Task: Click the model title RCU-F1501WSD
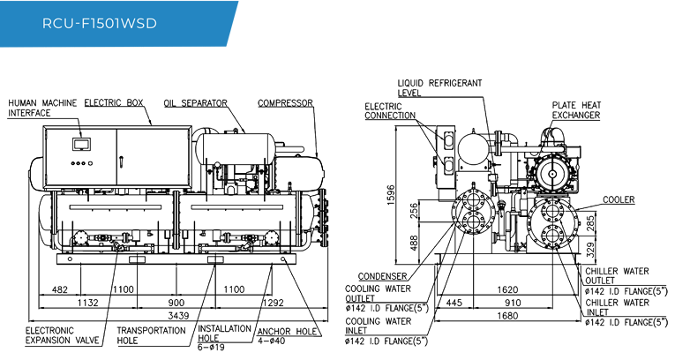tap(100, 23)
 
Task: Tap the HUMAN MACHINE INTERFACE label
tap(42, 108)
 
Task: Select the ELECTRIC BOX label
tap(114, 103)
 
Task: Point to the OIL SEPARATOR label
tap(195, 103)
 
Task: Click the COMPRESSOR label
tap(285, 103)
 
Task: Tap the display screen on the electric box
tap(80, 144)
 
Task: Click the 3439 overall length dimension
tap(178, 316)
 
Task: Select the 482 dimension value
tap(59, 289)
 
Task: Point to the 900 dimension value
tap(176, 303)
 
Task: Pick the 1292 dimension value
tap(273, 303)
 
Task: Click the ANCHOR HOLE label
tap(287, 332)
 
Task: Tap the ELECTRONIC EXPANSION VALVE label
tap(62, 335)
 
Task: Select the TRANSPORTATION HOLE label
tap(151, 335)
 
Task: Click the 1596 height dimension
tap(391, 195)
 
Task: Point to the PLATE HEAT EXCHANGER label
tap(576, 110)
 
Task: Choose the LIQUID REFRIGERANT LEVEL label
tap(439, 88)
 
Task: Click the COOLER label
tap(619, 199)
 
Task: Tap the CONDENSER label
tap(382, 276)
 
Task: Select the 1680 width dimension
tap(507, 316)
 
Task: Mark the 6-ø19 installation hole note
tap(211, 347)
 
